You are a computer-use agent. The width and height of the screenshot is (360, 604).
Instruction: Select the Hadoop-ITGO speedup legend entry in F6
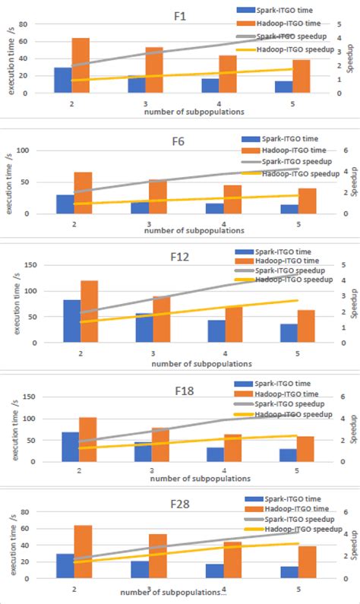(294, 173)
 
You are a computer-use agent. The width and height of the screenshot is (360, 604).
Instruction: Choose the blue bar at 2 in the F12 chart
(72, 321)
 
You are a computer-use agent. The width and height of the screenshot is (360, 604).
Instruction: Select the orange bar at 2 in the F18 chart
(88, 439)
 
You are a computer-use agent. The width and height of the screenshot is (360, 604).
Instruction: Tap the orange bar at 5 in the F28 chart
(307, 562)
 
